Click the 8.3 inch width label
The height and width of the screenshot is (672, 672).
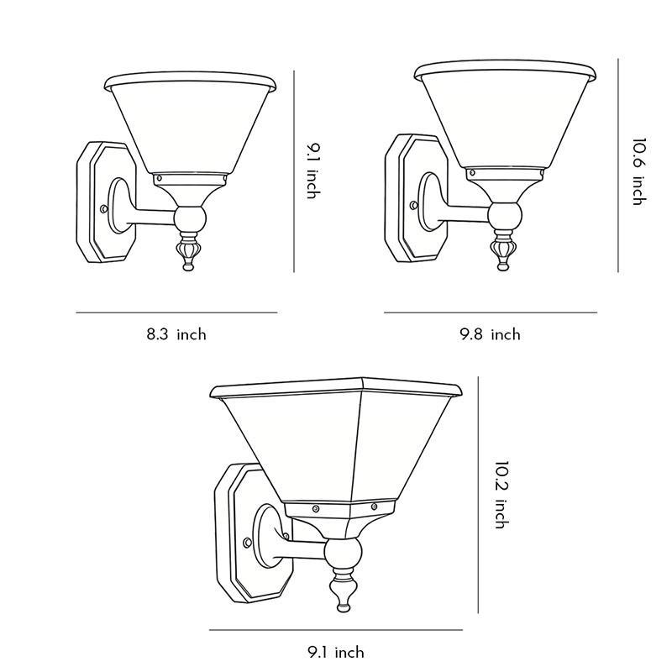(176, 334)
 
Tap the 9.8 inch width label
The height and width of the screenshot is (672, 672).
(490, 334)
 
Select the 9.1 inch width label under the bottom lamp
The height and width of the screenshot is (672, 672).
(335, 652)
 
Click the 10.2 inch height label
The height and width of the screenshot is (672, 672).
(501, 494)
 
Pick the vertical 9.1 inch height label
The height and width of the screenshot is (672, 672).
(312, 171)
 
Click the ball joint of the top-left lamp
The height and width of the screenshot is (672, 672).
(189, 221)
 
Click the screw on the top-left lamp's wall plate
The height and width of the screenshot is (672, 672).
(102, 208)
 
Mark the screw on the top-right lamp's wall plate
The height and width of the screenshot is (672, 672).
(414, 204)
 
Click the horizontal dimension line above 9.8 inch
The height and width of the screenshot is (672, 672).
(490, 312)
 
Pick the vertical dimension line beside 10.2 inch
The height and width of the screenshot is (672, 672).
(478, 496)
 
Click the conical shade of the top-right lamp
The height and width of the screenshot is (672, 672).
(504, 118)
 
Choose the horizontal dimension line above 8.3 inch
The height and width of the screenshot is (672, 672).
(176, 312)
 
